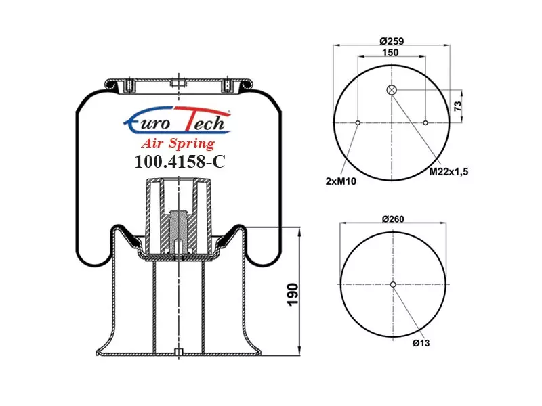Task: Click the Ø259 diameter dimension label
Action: point(392,41)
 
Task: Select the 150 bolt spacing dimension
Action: point(390,53)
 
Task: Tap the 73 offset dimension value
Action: point(458,106)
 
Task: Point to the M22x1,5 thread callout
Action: point(449,171)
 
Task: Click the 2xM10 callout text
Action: point(341,181)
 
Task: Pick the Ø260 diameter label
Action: point(393,219)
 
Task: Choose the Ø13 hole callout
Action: point(421,343)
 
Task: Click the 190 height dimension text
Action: point(293,294)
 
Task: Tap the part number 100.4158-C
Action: point(180,161)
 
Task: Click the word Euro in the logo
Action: point(148,122)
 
